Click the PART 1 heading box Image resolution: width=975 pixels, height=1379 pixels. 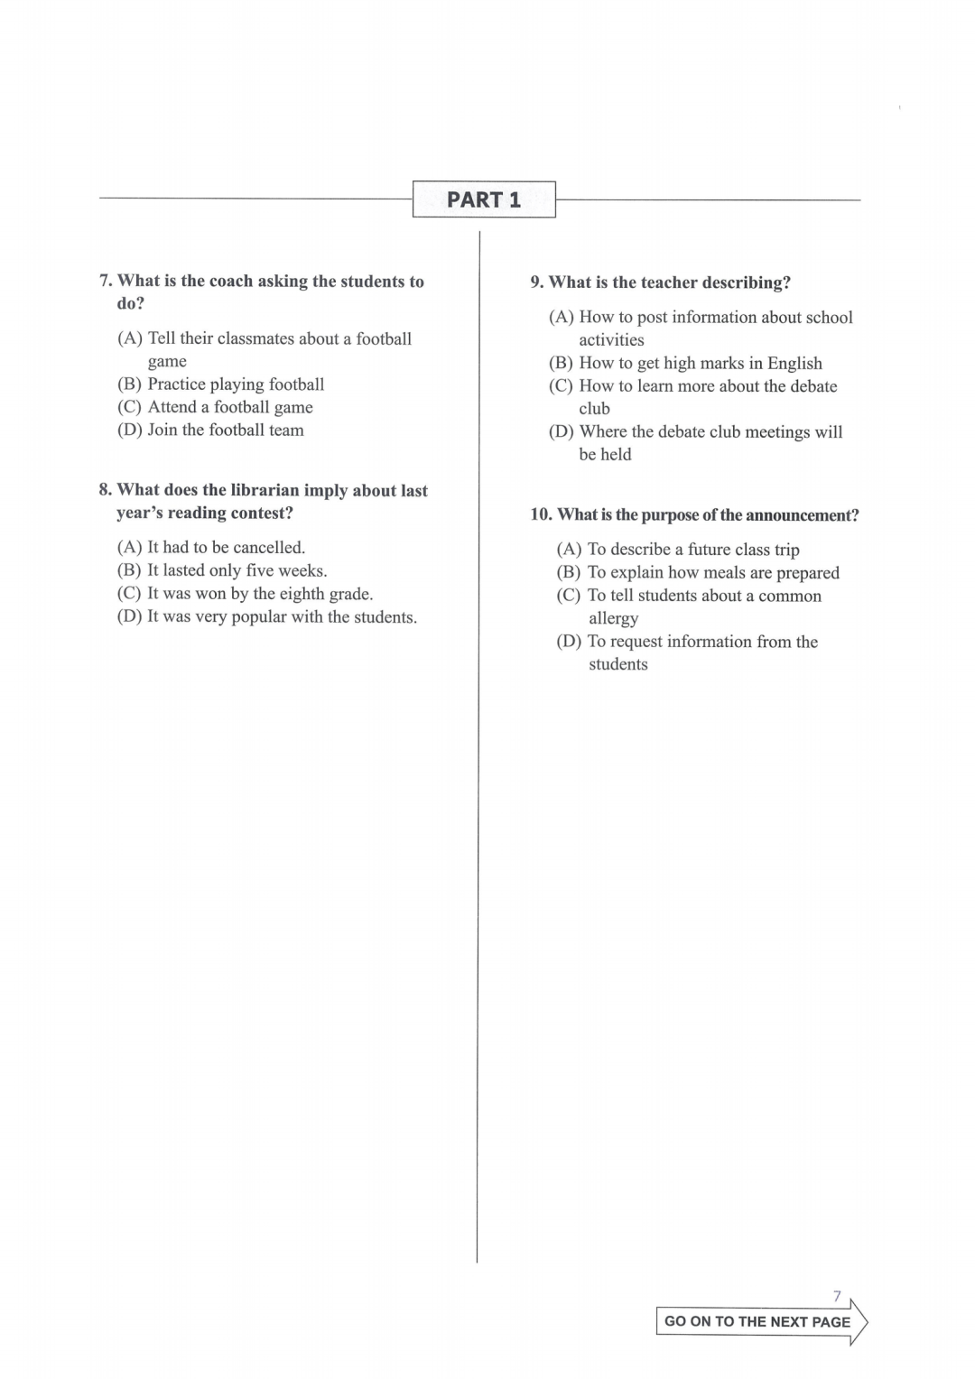pos(484,199)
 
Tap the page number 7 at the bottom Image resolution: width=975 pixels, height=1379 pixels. pos(837,1297)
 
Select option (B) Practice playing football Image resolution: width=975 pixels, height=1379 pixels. pos(221,384)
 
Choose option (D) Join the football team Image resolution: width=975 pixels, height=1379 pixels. pos(211,430)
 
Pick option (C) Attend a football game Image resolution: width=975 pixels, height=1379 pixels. pos(216,407)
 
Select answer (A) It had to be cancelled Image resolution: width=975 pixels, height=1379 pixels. pos(212,548)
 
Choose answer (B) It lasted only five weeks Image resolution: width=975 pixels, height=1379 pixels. pos(223,570)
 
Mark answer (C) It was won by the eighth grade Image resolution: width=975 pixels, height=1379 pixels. pos(246,594)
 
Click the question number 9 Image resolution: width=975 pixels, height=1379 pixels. pos(537,282)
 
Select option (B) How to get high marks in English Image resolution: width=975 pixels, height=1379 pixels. pos(686,364)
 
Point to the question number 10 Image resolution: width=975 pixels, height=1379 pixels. pos(541,515)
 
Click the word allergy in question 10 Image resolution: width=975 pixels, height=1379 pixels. pos(614,619)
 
